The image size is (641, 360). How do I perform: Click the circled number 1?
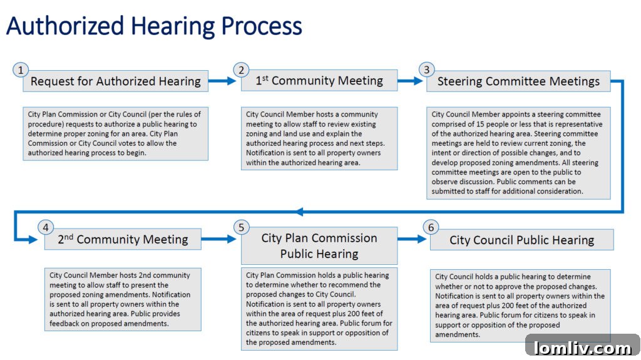tap(20, 69)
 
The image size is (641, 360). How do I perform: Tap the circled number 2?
tap(241, 69)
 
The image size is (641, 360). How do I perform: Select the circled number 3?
tap(426, 69)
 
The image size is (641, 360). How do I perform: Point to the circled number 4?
tap(45, 227)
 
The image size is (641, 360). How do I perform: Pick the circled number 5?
tap(241, 227)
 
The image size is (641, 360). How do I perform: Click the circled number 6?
tap(430, 227)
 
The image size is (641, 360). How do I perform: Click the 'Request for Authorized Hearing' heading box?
tap(116, 81)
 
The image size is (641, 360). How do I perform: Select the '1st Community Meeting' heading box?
tap(319, 81)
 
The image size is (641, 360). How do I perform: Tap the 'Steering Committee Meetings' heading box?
tap(518, 81)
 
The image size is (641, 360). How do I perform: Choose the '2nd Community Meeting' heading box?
tap(123, 240)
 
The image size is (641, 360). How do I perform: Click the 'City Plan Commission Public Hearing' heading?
tap(319, 245)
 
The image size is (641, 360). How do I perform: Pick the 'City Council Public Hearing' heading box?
tap(521, 240)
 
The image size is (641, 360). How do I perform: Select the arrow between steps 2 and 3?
tap(411, 81)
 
